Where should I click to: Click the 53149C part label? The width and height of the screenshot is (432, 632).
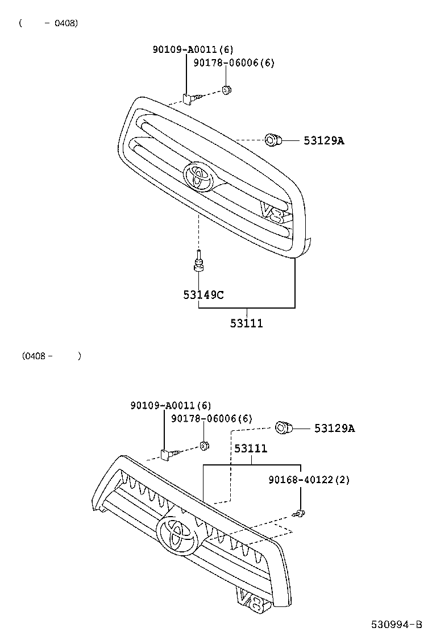pos(203,294)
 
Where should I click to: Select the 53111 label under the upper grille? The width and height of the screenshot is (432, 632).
pos(246,323)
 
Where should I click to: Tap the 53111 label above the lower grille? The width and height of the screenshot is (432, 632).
pos(251,448)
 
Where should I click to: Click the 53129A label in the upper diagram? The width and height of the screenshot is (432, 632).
pos(323,140)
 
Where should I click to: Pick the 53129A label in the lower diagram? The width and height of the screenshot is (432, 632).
pos(334,428)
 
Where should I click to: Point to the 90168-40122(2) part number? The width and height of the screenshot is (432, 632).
pos(309,480)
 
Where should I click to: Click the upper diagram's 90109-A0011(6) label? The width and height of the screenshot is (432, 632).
pos(193,49)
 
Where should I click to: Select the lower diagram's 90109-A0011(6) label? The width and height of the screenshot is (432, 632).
pos(171,405)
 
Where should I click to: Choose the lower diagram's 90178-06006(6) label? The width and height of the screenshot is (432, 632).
pos(211,418)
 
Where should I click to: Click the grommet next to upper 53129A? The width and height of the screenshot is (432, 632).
pos(273,139)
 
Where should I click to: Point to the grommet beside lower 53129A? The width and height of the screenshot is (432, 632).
pos(284,427)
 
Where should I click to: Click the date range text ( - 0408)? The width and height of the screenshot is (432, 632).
pos(49,23)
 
